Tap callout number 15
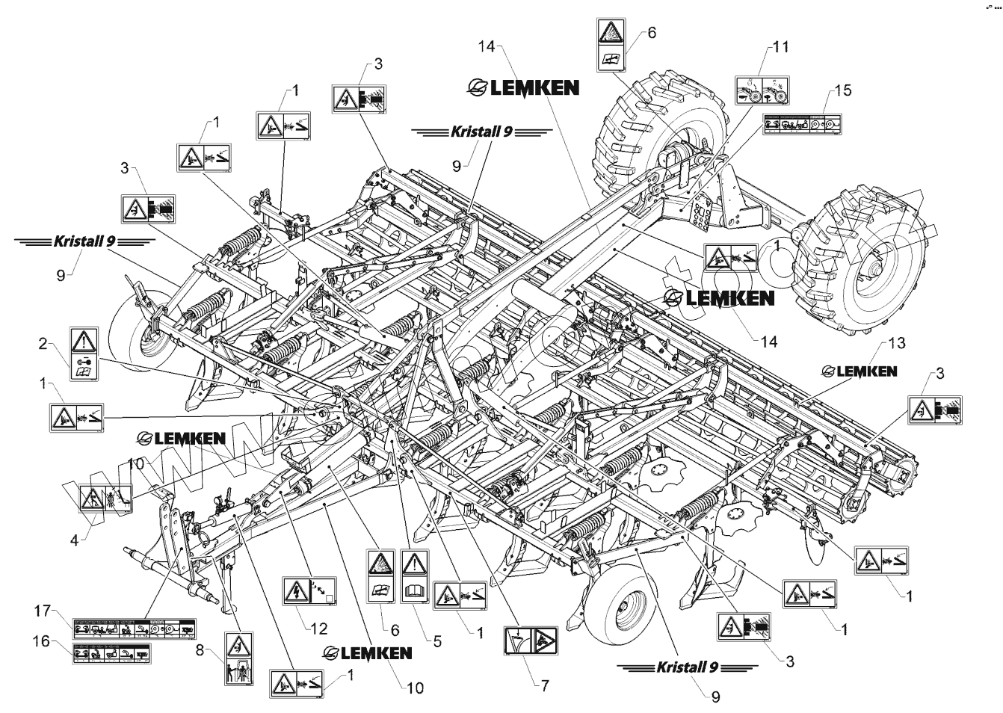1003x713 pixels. point(843,90)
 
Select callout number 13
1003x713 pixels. point(897,343)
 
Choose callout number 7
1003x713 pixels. point(544,685)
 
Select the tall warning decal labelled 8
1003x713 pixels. point(238,658)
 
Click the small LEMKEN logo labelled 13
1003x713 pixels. point(859,371)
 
